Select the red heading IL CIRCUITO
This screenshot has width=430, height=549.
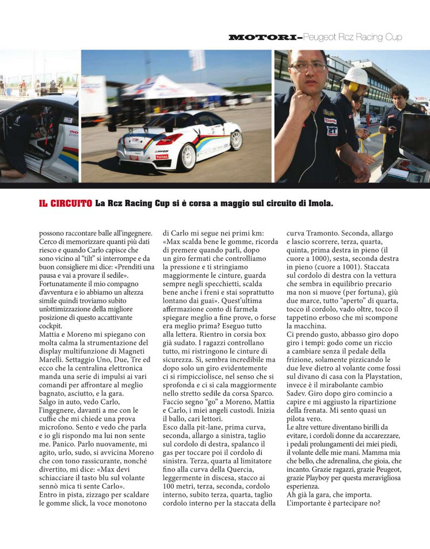coord(65,204)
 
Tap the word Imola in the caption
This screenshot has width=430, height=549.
coord(320,204)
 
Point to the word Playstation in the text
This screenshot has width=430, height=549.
coord(380,376)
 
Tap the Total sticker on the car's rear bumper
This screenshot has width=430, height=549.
coord(161,157)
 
